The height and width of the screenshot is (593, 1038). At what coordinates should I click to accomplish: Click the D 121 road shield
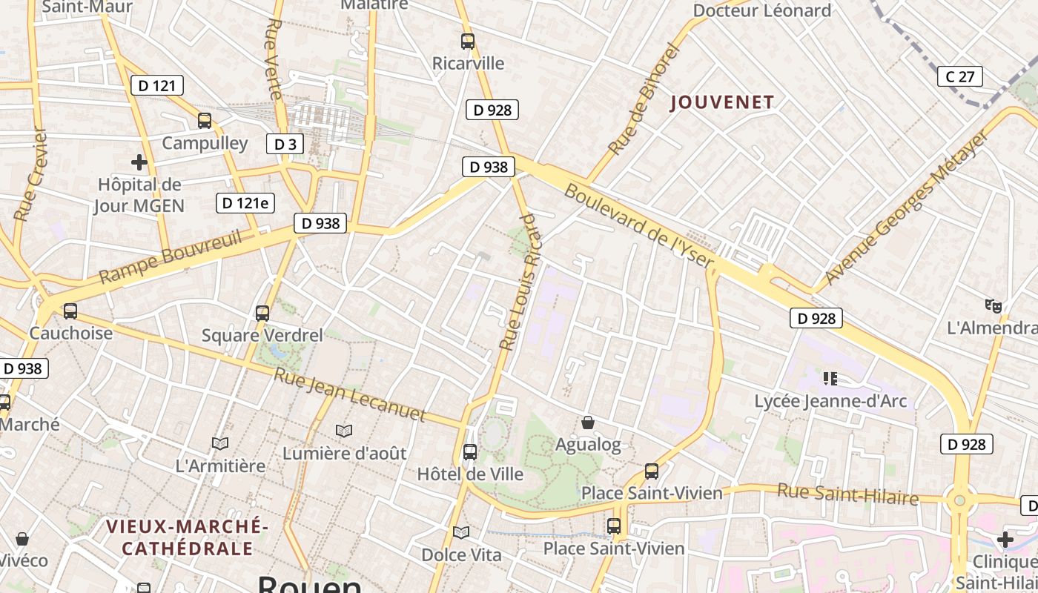pyautogui.click(x=157, y=85)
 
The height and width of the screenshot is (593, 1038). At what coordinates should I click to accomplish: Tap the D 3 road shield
pyautogui.click(x=285, y=144)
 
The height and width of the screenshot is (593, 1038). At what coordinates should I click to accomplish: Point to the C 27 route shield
pyautogui.click(x=959, y=76)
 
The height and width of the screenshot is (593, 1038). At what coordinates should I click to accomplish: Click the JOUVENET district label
pyautogui.click(x=722, y=102)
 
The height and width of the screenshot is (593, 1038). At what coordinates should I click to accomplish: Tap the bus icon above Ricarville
pyautogui.click(x=468, y=42)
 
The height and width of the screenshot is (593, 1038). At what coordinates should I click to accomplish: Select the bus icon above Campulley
pyautogui.click(x=205, y=121)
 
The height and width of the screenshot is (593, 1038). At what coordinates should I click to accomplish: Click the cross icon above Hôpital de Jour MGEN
pyautogui.click(x=139, y=162)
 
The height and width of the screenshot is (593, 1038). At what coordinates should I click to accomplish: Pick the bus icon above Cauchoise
pyautogui.click(x=70, y=311)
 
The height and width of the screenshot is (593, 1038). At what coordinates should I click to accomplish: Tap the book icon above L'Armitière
pyautogui.click(x=219, y=443)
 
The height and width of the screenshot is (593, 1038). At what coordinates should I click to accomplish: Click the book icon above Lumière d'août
pyautogui.click(x=343, y=431)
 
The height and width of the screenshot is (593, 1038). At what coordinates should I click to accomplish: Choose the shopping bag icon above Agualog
pyautogui.click(x=588, y=423)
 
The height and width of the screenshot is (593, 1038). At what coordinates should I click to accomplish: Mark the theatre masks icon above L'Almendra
pyautogui.click(x=994, y=305)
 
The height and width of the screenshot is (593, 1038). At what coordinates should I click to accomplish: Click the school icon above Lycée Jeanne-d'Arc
pyautogui.click(x=830, y=379)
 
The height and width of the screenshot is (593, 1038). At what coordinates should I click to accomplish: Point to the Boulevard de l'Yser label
pyautogui.click(x=639, y=226)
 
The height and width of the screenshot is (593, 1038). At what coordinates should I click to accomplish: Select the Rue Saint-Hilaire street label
pyautogui.click(x=847, y=494)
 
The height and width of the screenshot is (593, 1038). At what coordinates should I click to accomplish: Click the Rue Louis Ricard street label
pyautogui.click(x=520, y=282)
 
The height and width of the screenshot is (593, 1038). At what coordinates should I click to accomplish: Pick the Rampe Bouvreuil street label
pyautogui.click(x=171, y=256)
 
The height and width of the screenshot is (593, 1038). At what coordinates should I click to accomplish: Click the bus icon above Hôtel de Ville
pyautogui.click(x=470, y=451)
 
